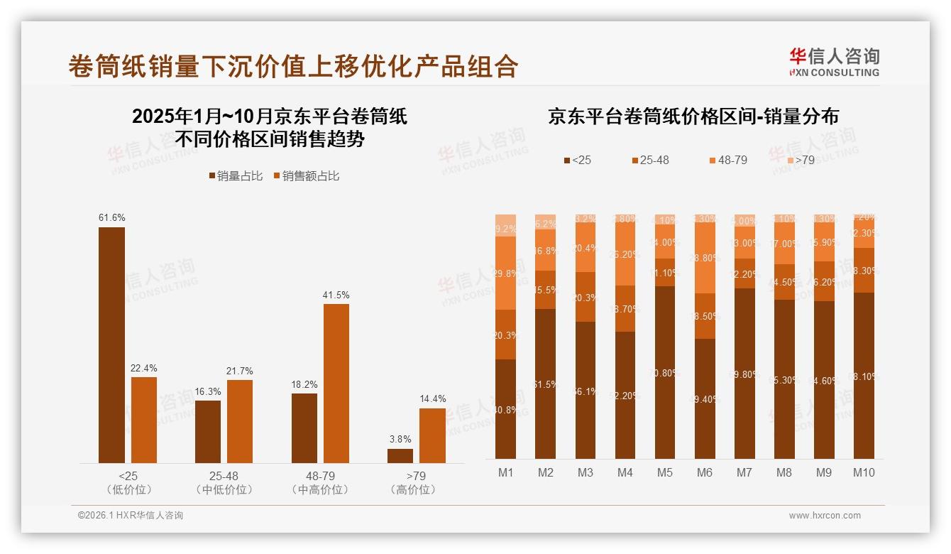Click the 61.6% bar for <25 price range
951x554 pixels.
coord(111,345)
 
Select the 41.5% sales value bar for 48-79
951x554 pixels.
coord(336,384)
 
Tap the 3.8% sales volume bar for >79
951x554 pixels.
coord(400,456)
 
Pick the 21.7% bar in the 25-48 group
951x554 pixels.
coord(240,422)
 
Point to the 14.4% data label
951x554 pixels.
coord(432,399)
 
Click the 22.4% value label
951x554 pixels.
coord(143,368)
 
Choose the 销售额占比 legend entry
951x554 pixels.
coord(306,176)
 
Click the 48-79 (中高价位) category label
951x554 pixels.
coord(320,483)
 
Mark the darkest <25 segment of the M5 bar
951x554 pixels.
coord(664,372)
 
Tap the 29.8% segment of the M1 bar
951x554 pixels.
coord(505,273)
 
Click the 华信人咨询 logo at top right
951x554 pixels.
coord(834,62)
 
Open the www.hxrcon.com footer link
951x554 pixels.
coord(824,516)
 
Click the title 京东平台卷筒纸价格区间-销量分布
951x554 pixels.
coord(693,116)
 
